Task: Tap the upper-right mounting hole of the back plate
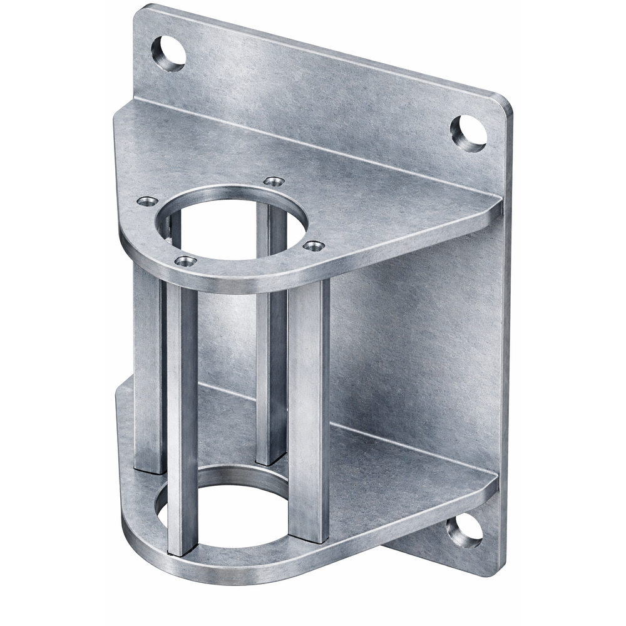[468, 133]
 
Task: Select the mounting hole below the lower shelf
[464, 532]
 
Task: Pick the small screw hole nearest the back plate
[274, 182]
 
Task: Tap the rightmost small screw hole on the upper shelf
[314, 246]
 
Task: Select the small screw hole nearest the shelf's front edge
[185, 260]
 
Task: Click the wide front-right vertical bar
[309, 407]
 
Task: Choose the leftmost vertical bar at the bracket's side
[149, 369]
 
